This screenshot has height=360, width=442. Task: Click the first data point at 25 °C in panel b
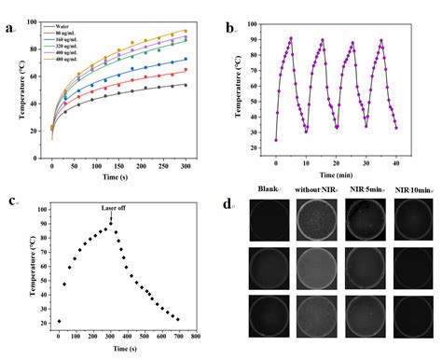pos(276,140)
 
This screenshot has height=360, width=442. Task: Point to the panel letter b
pos(229,29)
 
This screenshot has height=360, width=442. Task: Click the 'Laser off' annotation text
pos(113,209)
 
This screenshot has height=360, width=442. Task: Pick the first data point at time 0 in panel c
pos(58,321)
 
